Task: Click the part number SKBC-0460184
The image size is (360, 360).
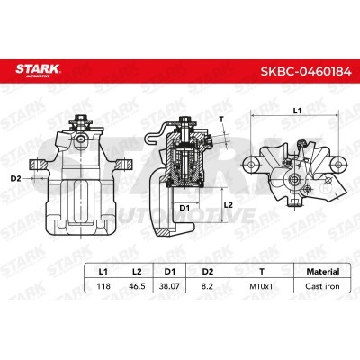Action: coord(306,72)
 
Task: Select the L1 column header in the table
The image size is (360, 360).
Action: coord(103,272)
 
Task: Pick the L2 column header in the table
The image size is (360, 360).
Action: coord(137,272)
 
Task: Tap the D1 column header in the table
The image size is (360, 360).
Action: coord(170,272)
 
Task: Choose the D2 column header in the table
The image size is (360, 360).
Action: coord(208,272)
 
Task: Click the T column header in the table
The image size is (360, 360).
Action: coord(262,272)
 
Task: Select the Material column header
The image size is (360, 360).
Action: coord(323,272)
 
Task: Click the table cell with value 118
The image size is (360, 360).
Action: coord(103,286)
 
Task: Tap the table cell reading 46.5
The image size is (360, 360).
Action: coord(137,286)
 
